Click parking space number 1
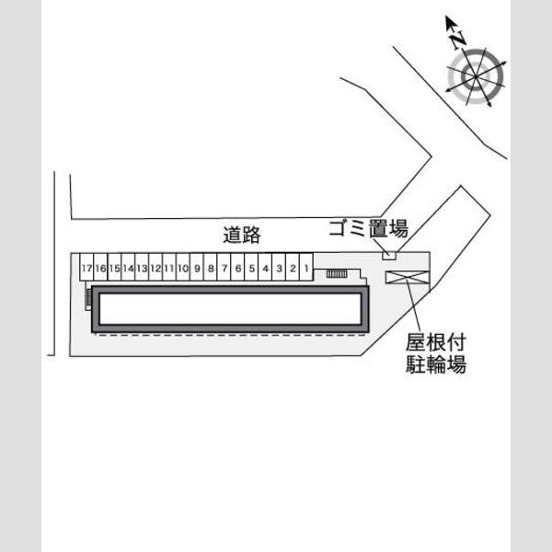point(306,267)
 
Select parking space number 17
point(86,267)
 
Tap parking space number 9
point(197,267)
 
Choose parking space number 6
point(237,267)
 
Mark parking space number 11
point(169,267)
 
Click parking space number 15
point(114,267)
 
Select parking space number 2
point(293,267)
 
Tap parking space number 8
point(210,267)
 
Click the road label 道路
point(242,235)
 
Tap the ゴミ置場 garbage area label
point(369,228)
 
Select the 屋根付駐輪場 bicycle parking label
point(436,353)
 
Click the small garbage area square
point(389,256)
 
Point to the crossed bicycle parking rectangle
point(408,278)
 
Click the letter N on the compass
point(457,39)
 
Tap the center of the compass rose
point(476,76)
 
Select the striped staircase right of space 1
point(337,274)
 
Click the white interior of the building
point(230,309)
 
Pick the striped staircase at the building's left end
point(88,298)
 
